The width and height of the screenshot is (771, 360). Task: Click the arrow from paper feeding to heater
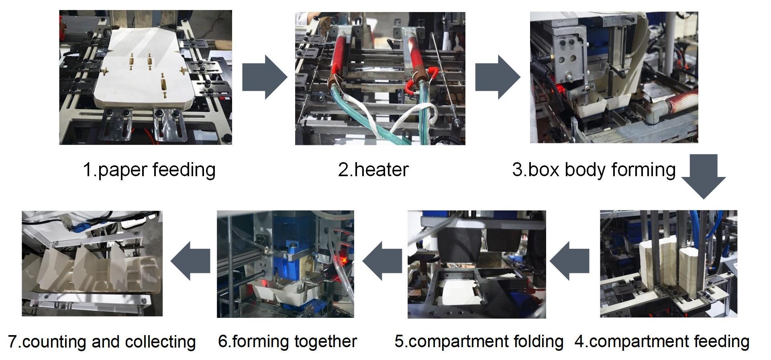264,77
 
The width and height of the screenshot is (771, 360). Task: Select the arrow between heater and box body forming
497,77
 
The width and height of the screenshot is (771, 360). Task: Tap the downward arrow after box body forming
703,177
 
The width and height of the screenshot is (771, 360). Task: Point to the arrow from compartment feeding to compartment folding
569,261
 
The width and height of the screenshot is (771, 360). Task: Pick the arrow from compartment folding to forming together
381,261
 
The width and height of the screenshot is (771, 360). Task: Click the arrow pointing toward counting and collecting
190,261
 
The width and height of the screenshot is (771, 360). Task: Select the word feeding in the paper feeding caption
184,170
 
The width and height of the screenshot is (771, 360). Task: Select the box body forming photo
614,77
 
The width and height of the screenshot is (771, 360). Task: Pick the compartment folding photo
477,264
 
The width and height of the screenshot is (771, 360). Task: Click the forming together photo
285,264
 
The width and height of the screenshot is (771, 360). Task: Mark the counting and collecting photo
92,263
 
